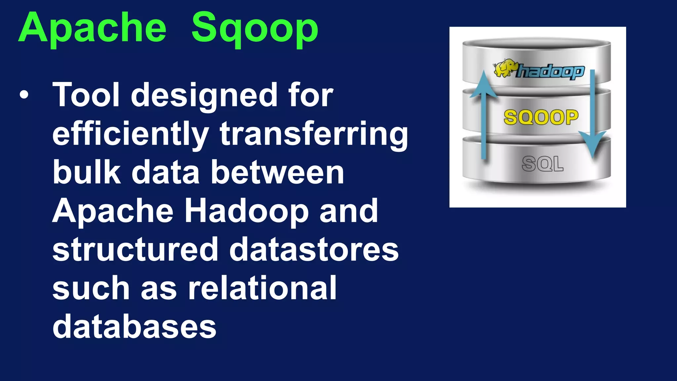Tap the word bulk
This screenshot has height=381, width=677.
87,173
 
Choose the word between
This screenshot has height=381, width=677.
277,173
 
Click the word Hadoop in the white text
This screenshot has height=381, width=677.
246,212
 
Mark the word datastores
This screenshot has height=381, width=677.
314,250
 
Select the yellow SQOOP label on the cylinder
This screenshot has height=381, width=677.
541,117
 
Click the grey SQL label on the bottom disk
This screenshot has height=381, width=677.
542,164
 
